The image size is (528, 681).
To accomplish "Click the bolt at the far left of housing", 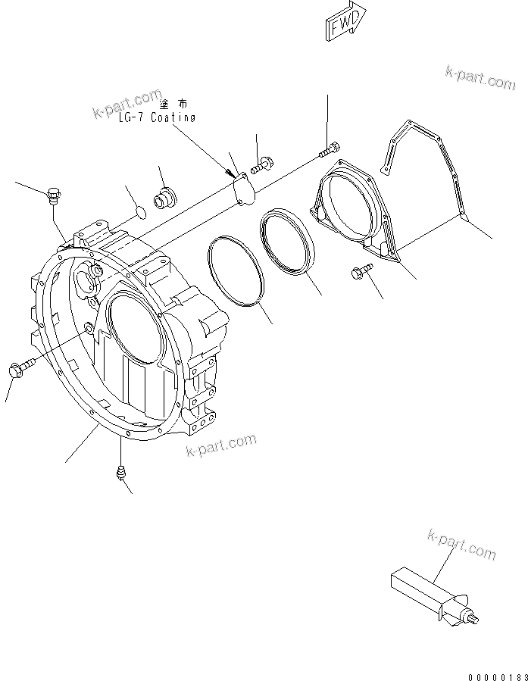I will [x=18, y=369].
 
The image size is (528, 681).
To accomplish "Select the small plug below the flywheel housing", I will [x=119, y=474].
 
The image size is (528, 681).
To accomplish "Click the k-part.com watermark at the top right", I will [x=480, y=78].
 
